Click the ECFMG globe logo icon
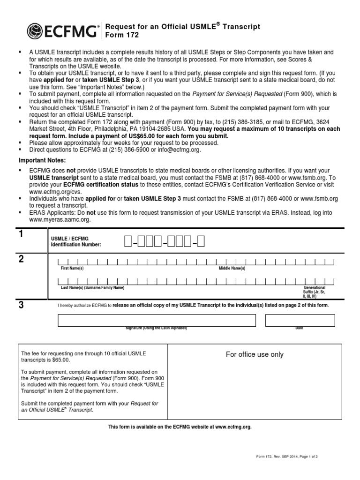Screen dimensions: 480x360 pos(36,31)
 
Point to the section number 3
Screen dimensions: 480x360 pos(20,305)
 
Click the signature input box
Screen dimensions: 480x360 pos(157,320)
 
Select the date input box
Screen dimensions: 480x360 pos(300,320)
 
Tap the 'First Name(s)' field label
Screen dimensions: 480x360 pos(72,268)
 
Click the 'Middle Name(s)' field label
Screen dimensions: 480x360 pos(232,268)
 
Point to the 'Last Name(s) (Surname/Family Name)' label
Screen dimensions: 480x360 pos(93,287)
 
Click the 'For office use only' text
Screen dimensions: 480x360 pos(255,354)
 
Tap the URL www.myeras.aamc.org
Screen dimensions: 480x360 pos(53,219)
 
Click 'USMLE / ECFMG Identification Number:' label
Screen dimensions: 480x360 pos(75,241)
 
